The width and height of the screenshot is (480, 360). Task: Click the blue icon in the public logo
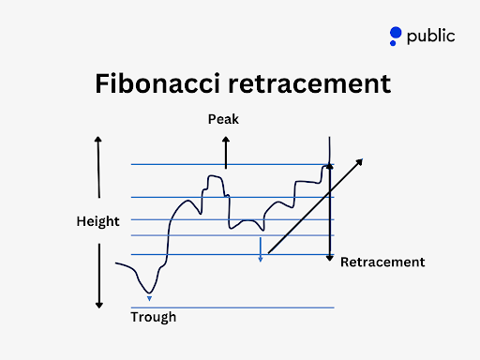[x=396, y=37]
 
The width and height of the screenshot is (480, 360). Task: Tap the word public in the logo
[x=430, y=37]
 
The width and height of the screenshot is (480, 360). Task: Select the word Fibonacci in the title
[x=157, y=84]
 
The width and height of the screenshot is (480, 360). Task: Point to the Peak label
[x=225, y=120]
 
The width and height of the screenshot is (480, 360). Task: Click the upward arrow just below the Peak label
[x=225, y=150]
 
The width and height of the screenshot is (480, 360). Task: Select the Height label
[x=97, y=221]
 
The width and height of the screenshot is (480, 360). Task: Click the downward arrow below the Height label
[x=97, y=276]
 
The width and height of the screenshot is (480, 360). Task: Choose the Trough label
[x=153, y=317]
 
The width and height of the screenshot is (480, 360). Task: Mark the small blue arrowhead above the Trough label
[x=149, y=298]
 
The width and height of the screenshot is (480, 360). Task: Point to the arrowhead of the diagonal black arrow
[x=360, y=161]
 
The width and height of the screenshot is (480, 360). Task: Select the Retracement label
[x=382, y=262]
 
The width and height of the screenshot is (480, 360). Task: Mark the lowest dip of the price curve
[x=148, y=291]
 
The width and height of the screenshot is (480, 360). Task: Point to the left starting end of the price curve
[x=116, y=264]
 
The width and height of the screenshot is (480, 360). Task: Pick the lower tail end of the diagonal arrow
[x=269, y=253]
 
